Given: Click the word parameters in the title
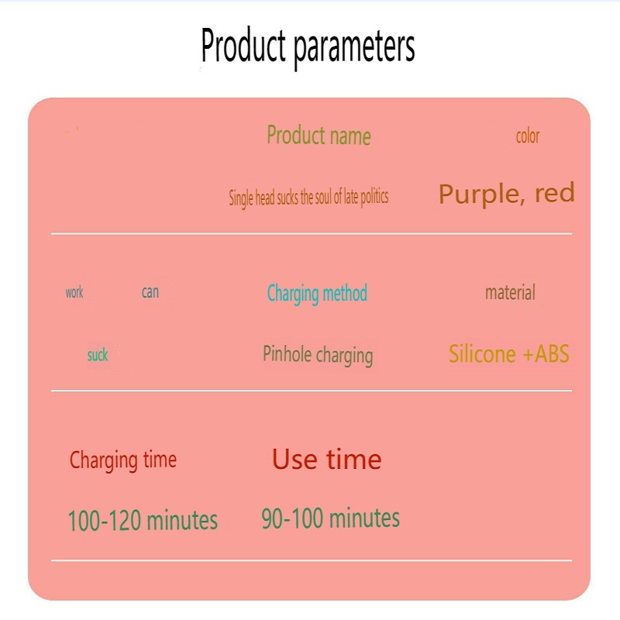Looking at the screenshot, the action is click(x=354, y=48).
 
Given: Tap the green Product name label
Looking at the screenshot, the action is click(x=319, y=135).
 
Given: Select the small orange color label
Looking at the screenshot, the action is click(x=528, y=136).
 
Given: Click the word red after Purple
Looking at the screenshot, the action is click(x=554, y=192).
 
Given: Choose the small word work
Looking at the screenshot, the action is click(x=74, y=292).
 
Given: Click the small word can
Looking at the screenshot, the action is click(x=150, y=292).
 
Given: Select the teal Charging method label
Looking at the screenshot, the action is click(x=317, y=294).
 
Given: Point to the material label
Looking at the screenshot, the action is click(x=510, y=292).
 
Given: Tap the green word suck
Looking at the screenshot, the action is click(x=98, y=355).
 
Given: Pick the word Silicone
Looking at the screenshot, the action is click(x=482, y=353).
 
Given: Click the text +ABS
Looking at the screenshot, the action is click(x=546, y=353).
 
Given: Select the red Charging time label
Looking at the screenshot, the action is click(x=123, y=460).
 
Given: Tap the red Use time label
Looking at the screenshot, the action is click(x=326, y=459).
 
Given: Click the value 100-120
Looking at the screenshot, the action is click(x=105, y=520).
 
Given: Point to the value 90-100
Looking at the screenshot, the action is click(x=292, y=518).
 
